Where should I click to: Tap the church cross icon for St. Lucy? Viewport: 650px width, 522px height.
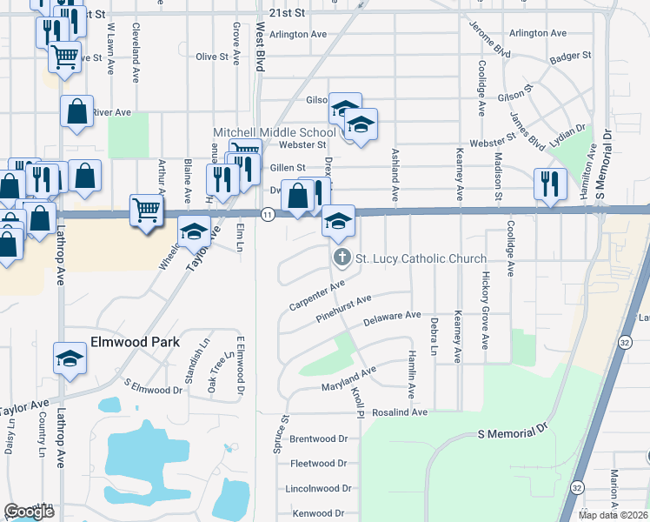pyautogui.click(x=342, y=258)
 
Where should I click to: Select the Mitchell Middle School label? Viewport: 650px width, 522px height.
pyautogui.click(x=274, y=132)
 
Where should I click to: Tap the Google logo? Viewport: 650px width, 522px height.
pyautogui.click(x=29, y=512)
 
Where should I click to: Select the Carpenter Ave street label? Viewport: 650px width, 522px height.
pyautogui.click(x=317, y=296)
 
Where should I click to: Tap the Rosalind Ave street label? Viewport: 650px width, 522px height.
pyautogui.click(x=401, y=412)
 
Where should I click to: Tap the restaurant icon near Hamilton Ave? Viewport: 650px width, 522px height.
pyautogui.click(x=549, y=184)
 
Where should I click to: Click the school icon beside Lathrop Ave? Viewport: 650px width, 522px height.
pyautogui.click(x=70, y=358)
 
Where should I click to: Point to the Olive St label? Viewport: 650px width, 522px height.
pyautogui.click(x=212, y=57)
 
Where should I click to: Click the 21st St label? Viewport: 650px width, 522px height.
pyautogui.click(x=288, y=14)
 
